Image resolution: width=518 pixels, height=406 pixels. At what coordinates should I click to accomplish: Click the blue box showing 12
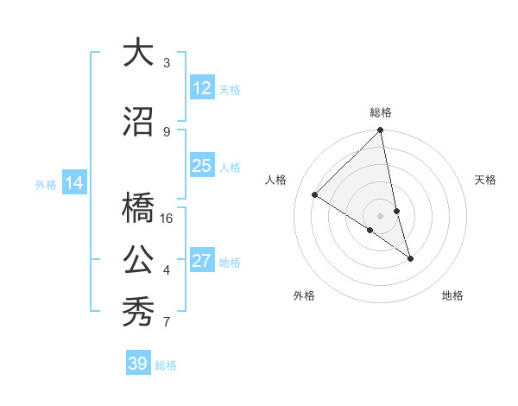coord(201,88)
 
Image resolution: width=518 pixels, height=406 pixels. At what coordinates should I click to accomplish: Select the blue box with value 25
coord(201,166)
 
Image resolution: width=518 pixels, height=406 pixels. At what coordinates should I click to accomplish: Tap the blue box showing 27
coord(201,261)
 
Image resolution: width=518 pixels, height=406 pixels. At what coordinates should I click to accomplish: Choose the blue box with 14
coord(73,183)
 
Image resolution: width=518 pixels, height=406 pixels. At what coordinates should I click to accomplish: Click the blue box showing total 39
coord(137,364)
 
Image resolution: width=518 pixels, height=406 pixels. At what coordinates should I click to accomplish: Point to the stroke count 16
coord(167,219)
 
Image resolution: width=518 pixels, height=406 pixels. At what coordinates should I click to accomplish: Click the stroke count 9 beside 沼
coord(167,132)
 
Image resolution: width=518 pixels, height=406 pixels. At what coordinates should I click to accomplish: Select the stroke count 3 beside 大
coord(167,63)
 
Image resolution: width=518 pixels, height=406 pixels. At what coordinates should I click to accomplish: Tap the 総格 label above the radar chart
coord(381,112)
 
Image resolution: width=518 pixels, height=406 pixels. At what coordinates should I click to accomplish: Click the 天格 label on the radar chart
coord(485,180)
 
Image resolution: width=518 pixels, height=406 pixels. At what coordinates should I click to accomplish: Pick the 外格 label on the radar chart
coord(304,295)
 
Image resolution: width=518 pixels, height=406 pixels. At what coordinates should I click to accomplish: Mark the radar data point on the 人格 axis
coord(315,195)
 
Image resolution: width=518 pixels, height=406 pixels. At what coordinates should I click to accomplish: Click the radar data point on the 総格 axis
coord(381,130)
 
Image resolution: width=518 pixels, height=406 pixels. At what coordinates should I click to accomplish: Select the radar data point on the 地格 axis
coord(410,258)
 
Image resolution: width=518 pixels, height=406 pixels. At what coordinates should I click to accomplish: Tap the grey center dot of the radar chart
coord(381,216)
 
